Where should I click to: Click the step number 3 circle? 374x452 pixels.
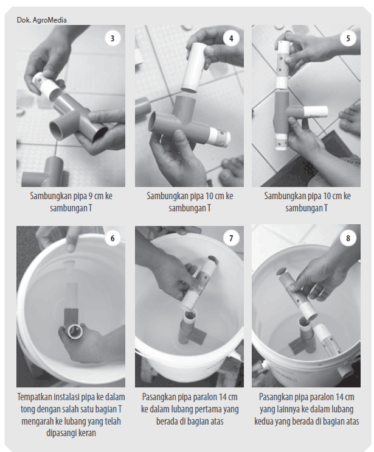coord(113,38)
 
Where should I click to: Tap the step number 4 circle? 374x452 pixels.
coord(231,38)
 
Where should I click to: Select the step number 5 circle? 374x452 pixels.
coord(348,38)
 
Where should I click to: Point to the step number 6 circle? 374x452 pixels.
coord(113,238)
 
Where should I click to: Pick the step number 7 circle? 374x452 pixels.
coord(231,238)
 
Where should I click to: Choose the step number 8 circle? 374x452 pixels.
coord(348,238)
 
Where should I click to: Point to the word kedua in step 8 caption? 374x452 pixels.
coord(264,422)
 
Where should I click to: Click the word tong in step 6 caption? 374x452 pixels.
coord(27,409)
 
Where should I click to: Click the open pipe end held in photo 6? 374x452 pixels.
coord(75,331)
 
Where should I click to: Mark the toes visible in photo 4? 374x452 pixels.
coord(231,170)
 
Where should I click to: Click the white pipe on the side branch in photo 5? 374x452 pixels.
coord(316,111)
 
